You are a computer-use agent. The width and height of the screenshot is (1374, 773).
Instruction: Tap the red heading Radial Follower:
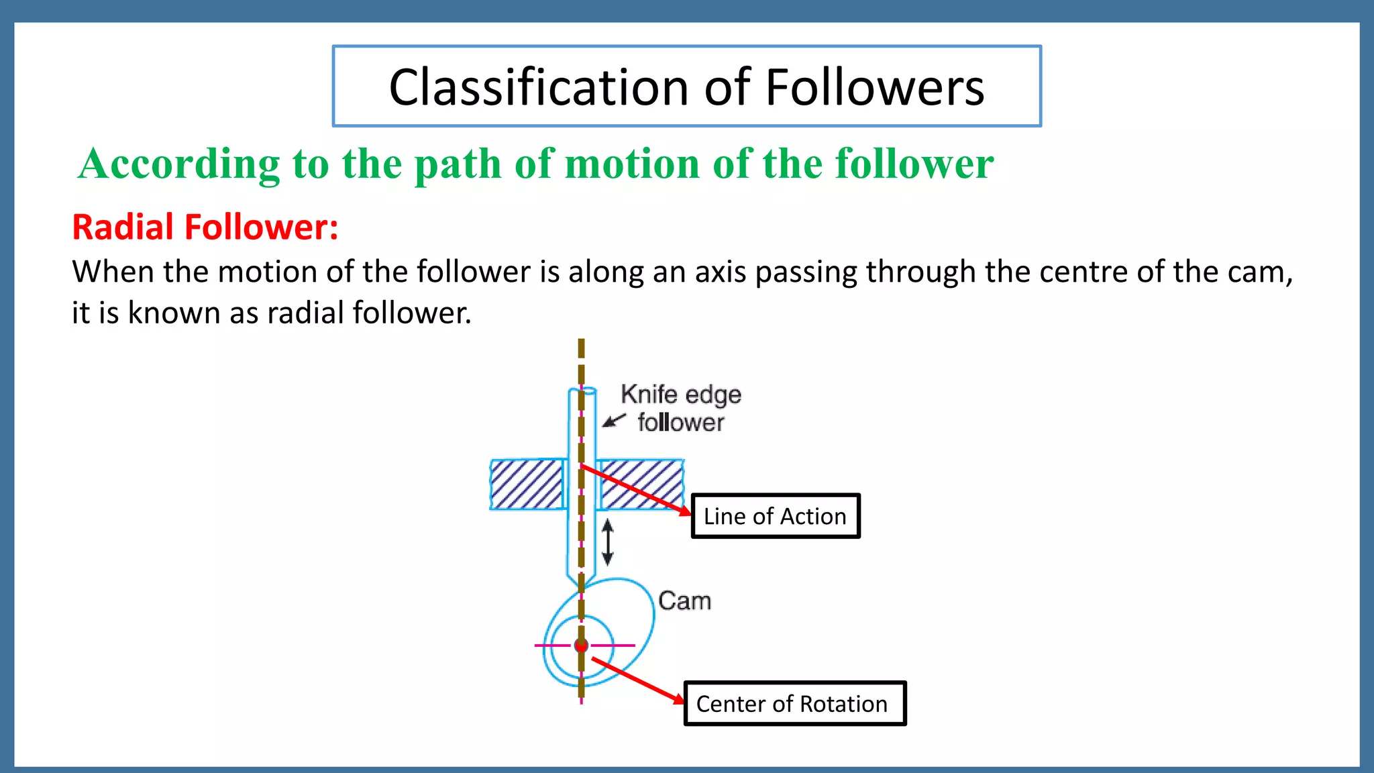point(205,227)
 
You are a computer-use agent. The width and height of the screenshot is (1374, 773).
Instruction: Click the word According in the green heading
point(179,164)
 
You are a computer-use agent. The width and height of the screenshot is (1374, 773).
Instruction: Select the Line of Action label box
point(775,516)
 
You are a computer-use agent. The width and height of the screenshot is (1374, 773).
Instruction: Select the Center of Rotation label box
point(794,703)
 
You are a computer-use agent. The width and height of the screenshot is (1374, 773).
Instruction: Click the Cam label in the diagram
point(684,601)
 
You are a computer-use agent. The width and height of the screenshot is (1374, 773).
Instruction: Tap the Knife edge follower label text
point(680,408)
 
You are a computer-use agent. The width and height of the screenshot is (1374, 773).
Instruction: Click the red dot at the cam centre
point(582,646)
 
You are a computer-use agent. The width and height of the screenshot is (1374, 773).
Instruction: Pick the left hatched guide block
point(527,484)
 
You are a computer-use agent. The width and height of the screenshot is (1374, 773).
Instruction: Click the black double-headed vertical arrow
point(608,542)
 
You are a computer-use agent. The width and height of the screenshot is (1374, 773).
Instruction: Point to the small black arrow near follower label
point(613,421)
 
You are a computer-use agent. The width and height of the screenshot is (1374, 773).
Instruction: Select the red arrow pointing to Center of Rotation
point(637,681)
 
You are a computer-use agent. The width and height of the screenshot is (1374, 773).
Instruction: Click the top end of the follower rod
point(582,390)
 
